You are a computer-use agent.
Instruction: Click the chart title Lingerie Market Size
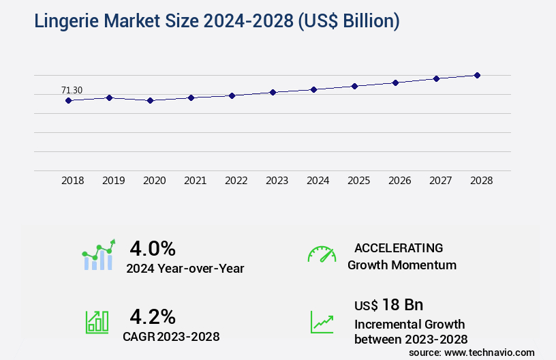(217, 21)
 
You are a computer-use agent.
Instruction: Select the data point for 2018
(68, 100)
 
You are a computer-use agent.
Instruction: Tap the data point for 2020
(150, 100)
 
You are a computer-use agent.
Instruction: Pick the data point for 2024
(313, 89)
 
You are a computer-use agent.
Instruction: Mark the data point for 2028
(477, 75)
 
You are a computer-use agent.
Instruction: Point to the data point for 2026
(395, 82)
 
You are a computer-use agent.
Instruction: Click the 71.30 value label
(72, 90)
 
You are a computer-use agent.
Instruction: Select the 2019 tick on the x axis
(114, 181)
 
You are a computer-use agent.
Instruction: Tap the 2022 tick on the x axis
(236, 181)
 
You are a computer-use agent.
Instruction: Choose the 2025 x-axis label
(359, 181)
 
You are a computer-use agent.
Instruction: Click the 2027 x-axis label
(441, 181)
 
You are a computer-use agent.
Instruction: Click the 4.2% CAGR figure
(153, 316)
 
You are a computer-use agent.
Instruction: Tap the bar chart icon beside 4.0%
(99, 255)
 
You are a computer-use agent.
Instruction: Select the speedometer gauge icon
(322, 254)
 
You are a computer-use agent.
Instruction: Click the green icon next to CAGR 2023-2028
(97, 322)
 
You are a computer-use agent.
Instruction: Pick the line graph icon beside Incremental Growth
(322, 322)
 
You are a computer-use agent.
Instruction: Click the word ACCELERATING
(399, 248)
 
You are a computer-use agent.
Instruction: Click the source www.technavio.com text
(472, 352)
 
